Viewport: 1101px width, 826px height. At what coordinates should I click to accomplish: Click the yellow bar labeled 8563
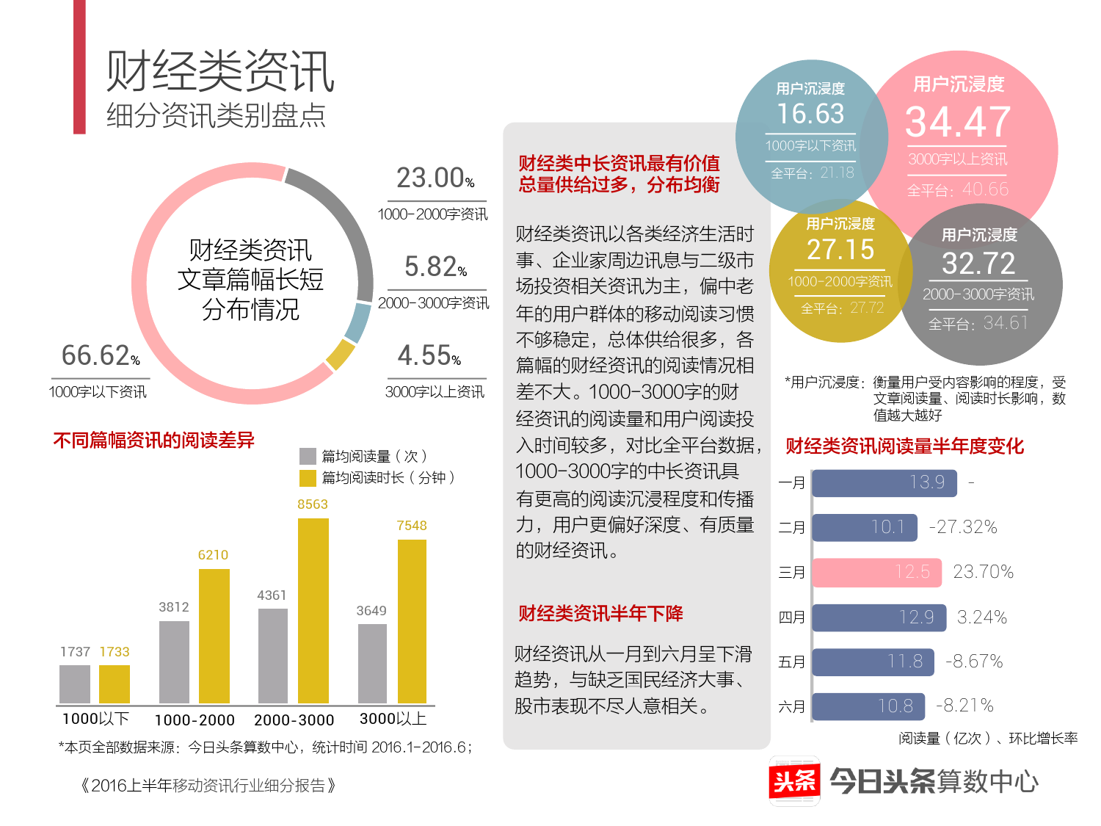(x=313, y=611)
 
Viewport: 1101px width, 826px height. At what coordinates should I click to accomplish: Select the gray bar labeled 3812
(x=174, y=662)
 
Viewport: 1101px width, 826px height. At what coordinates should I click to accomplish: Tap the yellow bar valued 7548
(x=412, y=621)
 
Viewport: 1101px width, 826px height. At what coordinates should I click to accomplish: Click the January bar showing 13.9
(x=884, y=482)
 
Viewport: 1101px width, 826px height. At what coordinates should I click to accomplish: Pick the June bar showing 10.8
(x=868, y=706)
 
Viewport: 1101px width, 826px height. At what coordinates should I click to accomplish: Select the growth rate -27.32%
(x=963, y=527)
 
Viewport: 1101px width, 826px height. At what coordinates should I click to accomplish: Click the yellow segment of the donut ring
(x=340, y=355)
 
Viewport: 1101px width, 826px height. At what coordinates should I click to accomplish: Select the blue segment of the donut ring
(x=358, y=323)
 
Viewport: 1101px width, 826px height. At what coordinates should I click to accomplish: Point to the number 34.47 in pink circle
(x=958, y=122)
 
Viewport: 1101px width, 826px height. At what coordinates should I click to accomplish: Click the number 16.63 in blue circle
(x=810, y=114)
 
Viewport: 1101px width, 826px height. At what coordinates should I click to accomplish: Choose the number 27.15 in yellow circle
(x=840, y=250)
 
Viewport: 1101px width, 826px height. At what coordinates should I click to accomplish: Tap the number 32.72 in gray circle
(x=978, y=264)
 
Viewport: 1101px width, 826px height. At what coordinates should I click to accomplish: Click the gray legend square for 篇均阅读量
(x=308, y=456)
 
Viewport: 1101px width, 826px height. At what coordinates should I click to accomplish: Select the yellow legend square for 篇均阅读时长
(x=308, y=478)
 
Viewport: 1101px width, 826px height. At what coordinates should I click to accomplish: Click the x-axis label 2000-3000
(x=294, y=720)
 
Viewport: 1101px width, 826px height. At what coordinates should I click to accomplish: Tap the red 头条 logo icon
(x=794, y=781)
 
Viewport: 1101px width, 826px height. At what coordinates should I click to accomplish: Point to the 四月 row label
(x=791, y=617)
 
